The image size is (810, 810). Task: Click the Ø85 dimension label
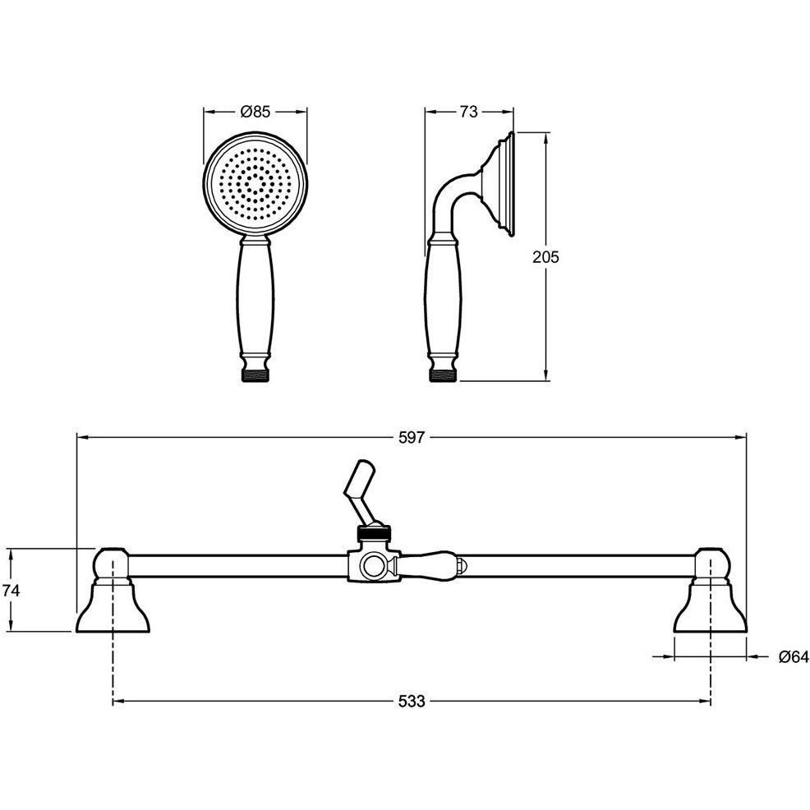click(255, 111)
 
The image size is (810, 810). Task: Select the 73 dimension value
click(468, 111)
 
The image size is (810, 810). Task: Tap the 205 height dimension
click(545, 257)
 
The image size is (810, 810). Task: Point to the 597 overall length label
click(412, 438)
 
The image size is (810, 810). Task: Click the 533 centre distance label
click(412, 701)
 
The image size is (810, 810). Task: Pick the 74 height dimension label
click(11, 590)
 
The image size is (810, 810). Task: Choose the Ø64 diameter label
click(793, 656)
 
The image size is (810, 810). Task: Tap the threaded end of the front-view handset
click(255, 375)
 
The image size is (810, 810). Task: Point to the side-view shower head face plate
click(510, 184)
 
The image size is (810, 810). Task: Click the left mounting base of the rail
click(113, 606)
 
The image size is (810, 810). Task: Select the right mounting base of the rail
click(711, 606)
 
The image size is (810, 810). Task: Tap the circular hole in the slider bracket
click(374, 567)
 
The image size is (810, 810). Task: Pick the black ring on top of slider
click(375, 533)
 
